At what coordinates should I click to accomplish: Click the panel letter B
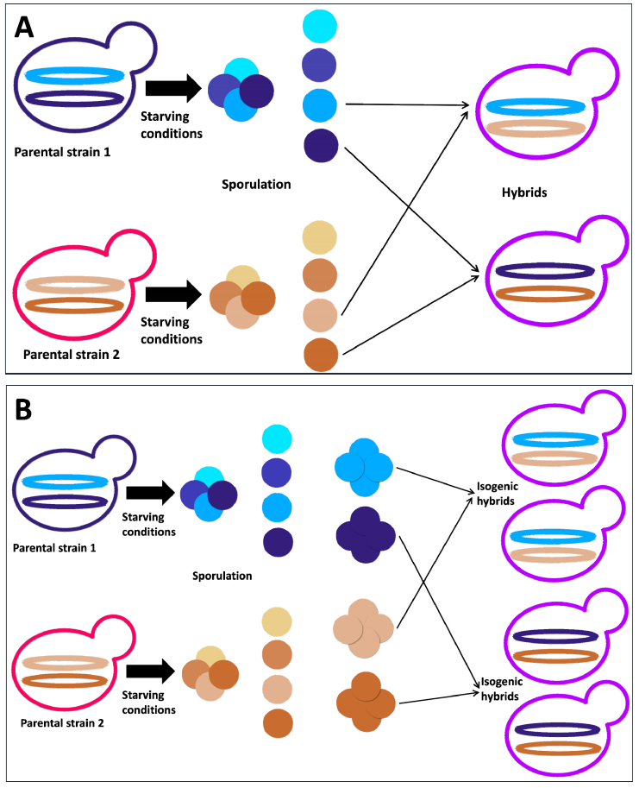click(x=23, y=408)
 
